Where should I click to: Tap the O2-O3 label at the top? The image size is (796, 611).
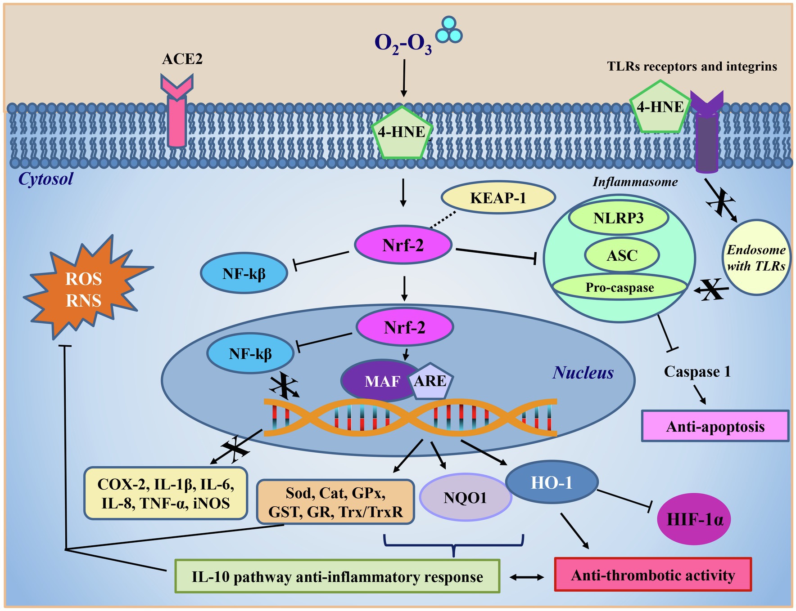403,44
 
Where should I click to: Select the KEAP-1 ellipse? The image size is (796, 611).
498,198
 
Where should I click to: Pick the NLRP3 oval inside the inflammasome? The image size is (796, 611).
618,219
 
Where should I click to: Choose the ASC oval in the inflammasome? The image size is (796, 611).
622,255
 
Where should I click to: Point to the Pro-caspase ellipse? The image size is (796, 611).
620,287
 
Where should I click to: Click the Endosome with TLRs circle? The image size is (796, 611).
756,258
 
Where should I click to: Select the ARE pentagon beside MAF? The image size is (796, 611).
430,382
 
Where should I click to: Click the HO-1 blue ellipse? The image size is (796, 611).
552,483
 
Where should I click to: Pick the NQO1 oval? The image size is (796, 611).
465,497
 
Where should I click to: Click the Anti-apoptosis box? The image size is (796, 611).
715,426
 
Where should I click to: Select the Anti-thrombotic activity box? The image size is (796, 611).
653,575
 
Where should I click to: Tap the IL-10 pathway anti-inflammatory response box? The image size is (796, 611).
337,576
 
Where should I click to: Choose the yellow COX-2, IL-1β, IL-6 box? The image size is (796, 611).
166,493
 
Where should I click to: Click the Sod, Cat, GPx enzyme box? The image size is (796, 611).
335,502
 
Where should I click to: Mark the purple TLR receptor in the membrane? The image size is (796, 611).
706,135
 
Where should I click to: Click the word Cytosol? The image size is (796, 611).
45,179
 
